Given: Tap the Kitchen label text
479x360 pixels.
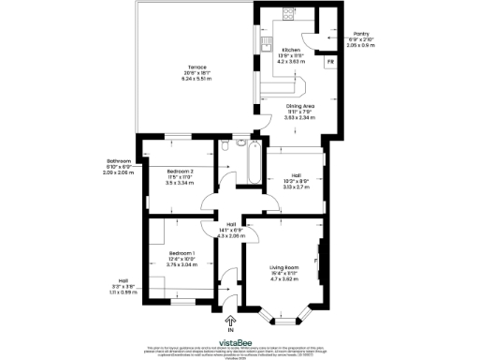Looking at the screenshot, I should [x=291, y=49].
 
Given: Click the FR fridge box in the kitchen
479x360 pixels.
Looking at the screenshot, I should [x=330, y=63].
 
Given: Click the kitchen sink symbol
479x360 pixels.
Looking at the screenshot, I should [x=265, y=38].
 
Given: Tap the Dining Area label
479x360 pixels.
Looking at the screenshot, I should [x=300, y=107].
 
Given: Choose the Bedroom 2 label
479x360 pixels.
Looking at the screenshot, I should [x=180, y=172].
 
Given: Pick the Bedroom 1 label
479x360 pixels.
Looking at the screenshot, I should [x=181, y=253].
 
